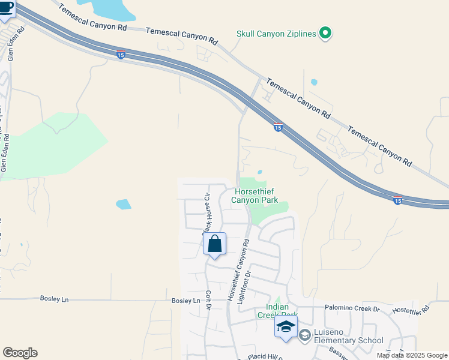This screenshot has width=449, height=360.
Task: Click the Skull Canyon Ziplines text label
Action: pos(276,34)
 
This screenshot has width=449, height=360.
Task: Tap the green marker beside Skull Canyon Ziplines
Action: pos(325,34)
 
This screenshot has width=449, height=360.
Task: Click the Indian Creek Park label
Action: pos(277,311)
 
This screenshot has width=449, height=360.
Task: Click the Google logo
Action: pos(20,353)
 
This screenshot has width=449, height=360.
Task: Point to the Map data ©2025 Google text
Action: pos(412,355)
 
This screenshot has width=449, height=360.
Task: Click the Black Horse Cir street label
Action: pos(206,213)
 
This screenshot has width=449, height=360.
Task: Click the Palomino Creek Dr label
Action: pos(352,309)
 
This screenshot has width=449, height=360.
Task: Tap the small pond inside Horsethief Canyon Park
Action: pos(259,172)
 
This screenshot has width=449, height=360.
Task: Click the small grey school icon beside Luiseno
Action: pos(305,334)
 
